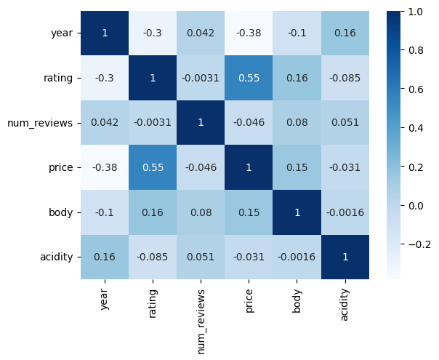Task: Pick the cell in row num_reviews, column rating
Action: pos(153,122)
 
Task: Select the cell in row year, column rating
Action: pos(153,33)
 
